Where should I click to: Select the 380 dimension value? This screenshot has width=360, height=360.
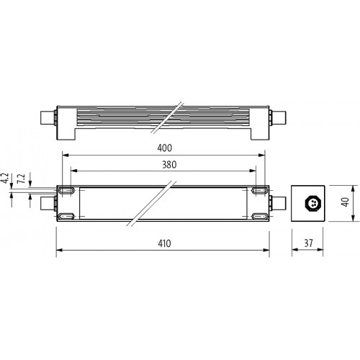[x=165, y=164]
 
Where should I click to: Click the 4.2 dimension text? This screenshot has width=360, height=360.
[x=6, y=180]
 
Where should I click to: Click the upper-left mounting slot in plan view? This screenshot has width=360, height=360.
[x=66, y=191]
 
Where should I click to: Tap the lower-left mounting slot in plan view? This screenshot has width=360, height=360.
[x=66, y=216]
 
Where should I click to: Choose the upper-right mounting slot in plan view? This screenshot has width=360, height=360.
[x=259, y=191]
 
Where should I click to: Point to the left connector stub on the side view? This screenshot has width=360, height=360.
[x=47, y=117]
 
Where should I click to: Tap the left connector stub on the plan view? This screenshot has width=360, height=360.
[x=47, y=204]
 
